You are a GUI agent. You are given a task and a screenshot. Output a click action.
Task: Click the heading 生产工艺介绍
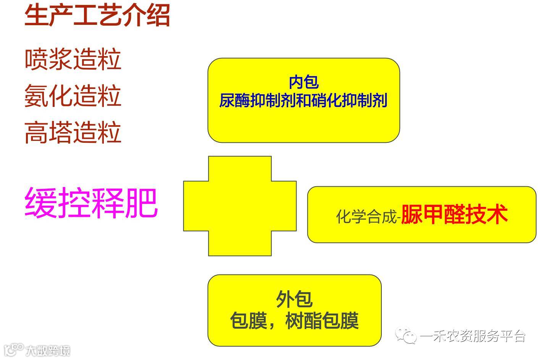pyautogui.click(x=97, y=16)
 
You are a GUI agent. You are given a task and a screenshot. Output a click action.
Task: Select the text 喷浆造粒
pyautogui.click(x=73, y=60)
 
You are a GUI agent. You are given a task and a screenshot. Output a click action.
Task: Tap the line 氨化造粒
pyautogui.click(x=73, y=96)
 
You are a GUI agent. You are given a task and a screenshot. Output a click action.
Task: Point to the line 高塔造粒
pyautogui.click(x=73, y=132)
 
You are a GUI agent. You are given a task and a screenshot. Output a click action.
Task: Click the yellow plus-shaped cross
pyautogui.click(x=240, y=206)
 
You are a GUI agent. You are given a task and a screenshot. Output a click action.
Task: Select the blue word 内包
pyautogui.click(x=303, y=82)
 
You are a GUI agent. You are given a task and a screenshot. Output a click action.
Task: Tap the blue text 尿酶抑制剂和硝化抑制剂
pyautogui.click(x=303, y=100)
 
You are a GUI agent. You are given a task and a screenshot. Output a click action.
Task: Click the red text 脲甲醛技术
pyautogui.click(x=454, y=214)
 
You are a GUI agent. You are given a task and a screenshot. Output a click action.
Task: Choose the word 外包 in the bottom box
pyautogui.click(x=294, y=299)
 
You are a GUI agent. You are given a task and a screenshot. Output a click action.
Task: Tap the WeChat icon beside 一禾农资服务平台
pyautogui.click(x=406, y=336)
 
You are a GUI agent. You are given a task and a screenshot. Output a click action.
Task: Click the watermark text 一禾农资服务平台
pyautogui.click(x=473, y=336)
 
